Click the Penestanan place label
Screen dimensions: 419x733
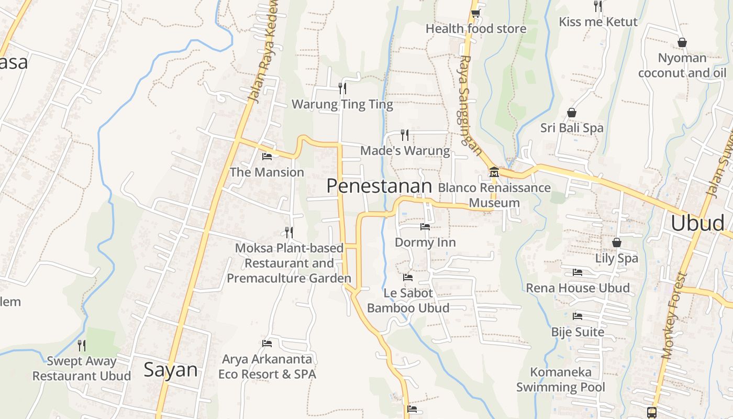[x=379, y=186]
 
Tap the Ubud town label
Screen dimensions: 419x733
[x=697, y=223]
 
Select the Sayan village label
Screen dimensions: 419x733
[x=171, y=370]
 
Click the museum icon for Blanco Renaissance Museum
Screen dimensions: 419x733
[x=494, y=172]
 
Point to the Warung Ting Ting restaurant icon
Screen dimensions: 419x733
[x=342, y=88]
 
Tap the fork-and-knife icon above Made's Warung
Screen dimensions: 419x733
[x=405, y=135]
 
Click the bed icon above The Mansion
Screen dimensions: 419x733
[x=267, y=156]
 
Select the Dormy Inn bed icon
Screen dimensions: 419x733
[x=425, y=227]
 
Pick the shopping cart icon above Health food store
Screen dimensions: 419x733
[x=475, y=13]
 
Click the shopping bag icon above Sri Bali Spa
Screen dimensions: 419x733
[x=572, y=113]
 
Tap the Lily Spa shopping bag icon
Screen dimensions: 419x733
[x=617, y=242]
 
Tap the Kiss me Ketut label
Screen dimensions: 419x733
[x=598, y=22]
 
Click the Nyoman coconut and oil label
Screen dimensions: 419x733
[x=682, y=65]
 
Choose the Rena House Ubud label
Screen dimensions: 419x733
[x=577, y=288]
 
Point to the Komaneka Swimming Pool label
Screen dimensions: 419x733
[x=561, y=380]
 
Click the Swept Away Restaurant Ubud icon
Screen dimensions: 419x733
[x=82, y=345]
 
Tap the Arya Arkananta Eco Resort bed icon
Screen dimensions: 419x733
[x=267, y=344]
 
